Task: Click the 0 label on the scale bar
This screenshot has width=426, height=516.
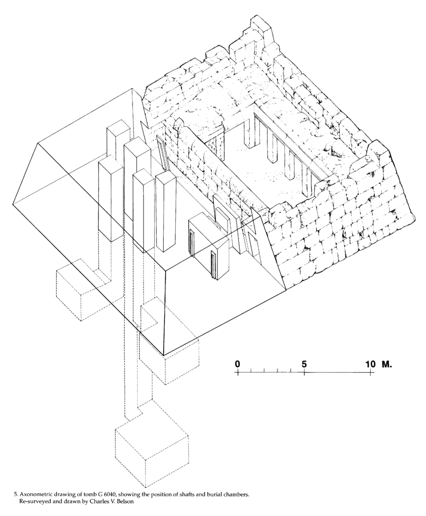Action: coord(238,364)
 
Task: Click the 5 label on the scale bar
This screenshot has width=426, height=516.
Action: coord(304,364)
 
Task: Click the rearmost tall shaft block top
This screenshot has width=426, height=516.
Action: coord(119,128)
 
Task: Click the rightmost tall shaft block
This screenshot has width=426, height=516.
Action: coord(165,212)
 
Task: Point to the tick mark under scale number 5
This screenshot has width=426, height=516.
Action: coord(304,373)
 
